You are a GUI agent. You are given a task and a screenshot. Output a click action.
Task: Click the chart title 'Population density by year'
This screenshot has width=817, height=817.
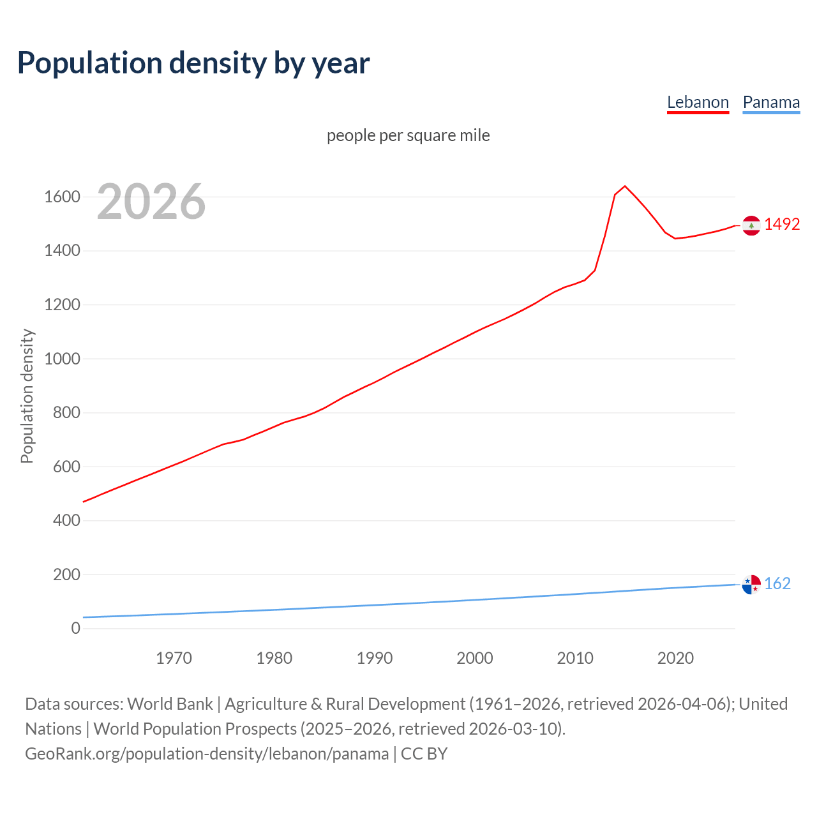193,63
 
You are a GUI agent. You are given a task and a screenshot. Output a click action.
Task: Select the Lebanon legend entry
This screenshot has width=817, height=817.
698,102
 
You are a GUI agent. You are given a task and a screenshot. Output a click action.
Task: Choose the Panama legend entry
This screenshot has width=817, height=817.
771,102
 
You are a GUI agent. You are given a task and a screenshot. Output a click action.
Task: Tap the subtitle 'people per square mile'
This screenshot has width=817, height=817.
408,135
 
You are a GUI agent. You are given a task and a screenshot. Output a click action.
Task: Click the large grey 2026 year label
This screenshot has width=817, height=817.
151,202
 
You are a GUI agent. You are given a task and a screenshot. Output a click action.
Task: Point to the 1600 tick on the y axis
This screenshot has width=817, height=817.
62,197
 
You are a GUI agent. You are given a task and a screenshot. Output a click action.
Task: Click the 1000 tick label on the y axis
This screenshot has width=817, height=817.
62,359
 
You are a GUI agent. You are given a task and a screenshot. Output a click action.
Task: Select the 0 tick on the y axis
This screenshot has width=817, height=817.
76,628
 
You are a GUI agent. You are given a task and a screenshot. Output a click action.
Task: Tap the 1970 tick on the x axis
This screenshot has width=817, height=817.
174,658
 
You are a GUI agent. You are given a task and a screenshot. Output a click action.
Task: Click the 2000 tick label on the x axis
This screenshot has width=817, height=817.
474,658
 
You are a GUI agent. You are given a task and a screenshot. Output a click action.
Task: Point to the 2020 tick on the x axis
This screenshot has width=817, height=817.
675,658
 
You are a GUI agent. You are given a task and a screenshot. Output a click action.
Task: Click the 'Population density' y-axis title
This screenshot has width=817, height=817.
27,396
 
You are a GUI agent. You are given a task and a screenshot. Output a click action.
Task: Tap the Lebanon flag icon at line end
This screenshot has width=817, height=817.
751,225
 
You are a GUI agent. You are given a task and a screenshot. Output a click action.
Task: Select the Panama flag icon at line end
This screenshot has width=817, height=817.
751,584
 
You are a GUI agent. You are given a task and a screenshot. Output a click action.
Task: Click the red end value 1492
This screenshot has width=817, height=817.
782,224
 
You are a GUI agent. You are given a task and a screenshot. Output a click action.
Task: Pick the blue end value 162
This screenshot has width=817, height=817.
777,583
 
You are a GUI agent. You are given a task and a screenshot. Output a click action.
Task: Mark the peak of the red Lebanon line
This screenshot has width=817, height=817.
625,186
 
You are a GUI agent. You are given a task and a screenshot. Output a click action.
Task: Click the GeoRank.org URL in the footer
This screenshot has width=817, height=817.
207,753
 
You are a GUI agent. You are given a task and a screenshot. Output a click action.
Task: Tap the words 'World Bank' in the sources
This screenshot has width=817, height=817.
170,703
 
